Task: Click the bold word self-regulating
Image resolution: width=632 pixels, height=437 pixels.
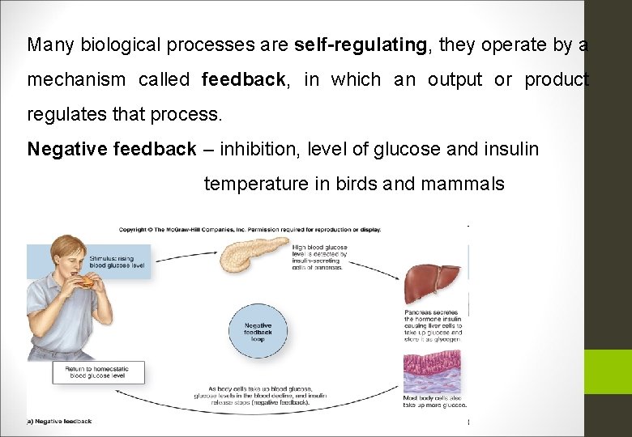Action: click(361, 45)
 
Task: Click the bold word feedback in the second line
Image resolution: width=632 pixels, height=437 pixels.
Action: click(243, 80)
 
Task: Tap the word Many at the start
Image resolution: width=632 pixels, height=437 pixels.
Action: click(45, 45)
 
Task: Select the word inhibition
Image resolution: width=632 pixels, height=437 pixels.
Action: click(258, 149)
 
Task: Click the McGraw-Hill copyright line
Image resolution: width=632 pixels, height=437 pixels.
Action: click(250, 229)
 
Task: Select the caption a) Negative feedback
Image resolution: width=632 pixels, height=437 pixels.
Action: click(60, 421)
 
